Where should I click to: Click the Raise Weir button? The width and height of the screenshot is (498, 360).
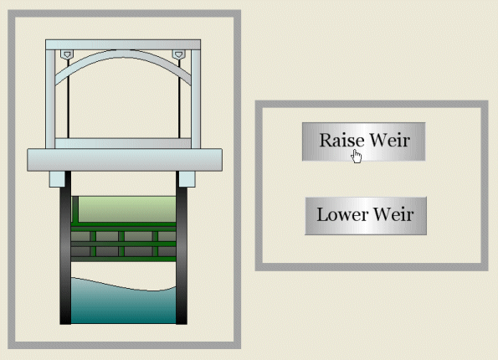(363, 141)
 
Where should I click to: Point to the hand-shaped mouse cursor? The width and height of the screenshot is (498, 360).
(357, 156)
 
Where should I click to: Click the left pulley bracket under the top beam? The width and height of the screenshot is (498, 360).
(67, 54)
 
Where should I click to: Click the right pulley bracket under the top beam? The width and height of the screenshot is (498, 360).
(178, 54)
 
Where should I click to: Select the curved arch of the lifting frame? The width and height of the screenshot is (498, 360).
(123, 54)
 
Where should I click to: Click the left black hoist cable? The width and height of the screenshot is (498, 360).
(69, 99)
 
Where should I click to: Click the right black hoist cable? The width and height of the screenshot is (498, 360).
(179, 99)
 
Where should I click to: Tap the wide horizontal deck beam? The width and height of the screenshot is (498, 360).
(125, 160)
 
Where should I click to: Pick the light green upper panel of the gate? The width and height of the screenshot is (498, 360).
(126, 209)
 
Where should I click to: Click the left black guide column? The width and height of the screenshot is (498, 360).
(65, 248)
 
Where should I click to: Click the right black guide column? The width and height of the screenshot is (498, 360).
(182, 248)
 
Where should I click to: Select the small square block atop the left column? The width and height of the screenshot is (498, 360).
(57, 179)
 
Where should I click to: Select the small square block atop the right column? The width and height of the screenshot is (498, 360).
(187, 179)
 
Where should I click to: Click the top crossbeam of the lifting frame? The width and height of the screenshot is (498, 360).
(123, 45)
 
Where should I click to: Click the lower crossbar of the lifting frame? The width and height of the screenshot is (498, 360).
(123, 143)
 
